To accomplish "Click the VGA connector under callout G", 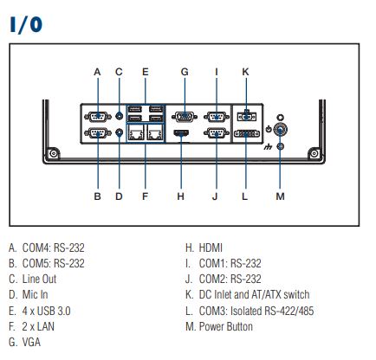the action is click(185, 117).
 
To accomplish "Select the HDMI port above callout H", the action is click(181, 133).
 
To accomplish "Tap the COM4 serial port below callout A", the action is click(98, 117).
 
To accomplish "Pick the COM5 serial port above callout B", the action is click(98, 133).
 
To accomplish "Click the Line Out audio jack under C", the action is click(119, 116).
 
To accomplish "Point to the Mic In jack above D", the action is click(119, 132).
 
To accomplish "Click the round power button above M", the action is click(280, 130).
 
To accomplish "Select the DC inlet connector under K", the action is click(246, 117).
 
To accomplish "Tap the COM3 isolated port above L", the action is click(247, 134).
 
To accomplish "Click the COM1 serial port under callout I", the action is click(217, 117).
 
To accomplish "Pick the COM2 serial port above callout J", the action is click(217, 133).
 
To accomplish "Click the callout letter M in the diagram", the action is click(280, 196).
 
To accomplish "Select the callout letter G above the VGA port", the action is click(185, 72).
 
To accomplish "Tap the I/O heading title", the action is click(26, 24).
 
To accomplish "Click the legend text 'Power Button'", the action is click(226, 326).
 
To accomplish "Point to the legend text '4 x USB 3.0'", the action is click(47, 311).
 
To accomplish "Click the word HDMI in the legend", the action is click(211, 247).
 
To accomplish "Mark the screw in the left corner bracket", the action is click(54, 153).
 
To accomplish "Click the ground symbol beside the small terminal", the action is click(269, 147).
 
